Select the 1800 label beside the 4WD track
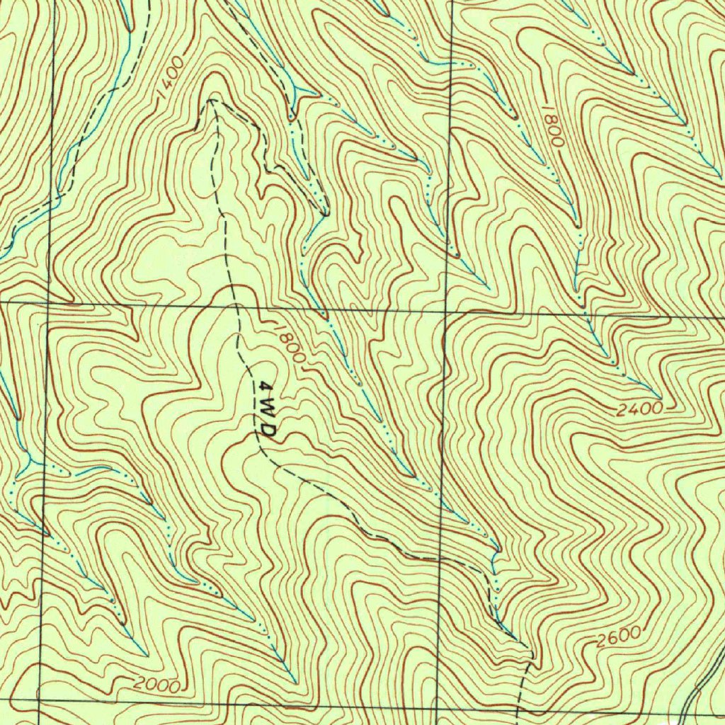288,343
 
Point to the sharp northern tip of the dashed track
210,101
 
